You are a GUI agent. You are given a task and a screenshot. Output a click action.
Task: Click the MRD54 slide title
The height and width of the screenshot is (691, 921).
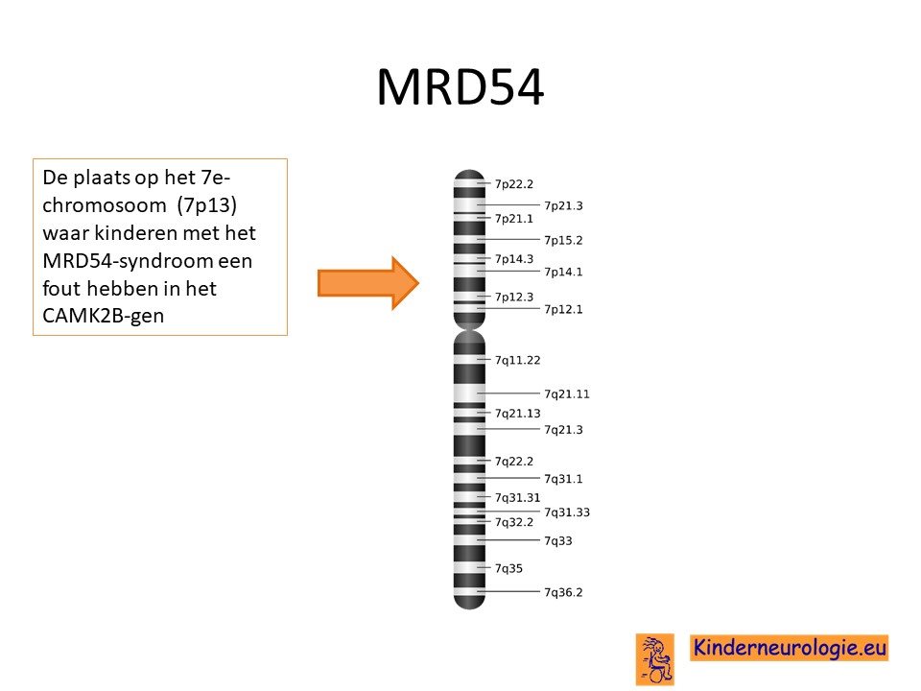coord(460,87)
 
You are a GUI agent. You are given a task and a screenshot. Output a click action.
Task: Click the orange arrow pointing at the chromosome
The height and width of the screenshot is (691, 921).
coord(368,283)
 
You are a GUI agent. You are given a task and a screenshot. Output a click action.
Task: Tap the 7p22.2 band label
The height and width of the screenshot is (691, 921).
coord(514,184)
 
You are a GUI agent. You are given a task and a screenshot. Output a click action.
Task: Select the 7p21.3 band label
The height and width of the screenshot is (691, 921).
coord(563,205)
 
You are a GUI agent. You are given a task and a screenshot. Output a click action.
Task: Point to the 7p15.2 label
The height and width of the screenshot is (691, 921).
coord(563,240)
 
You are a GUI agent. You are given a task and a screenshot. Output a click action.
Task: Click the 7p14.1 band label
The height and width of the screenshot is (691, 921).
coord(563,272)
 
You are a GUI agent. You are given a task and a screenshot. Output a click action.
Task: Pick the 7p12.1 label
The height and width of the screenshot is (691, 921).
coord(563,309)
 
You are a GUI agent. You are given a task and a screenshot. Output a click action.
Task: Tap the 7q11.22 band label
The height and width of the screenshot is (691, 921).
coord(517,360)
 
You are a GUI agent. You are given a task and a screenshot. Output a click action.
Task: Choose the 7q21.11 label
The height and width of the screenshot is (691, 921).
coord(567,394)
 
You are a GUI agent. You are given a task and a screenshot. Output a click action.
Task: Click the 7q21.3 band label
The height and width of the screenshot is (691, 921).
coord(563,430)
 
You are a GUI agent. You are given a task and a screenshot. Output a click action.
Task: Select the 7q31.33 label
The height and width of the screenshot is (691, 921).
coord(567,512)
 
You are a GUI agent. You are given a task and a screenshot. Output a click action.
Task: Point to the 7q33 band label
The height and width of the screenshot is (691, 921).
coord(558,541)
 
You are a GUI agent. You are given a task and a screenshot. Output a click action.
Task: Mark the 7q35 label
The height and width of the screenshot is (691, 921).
coord(508,568)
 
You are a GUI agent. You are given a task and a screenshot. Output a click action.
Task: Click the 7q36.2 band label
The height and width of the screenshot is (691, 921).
coord(563,592)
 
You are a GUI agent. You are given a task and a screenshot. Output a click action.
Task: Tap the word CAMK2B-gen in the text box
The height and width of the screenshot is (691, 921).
coord(103,316)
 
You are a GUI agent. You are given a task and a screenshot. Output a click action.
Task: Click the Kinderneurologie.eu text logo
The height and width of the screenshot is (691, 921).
coord(789,648)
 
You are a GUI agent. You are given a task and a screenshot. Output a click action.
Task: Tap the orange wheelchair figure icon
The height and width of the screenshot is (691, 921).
coord(655,659)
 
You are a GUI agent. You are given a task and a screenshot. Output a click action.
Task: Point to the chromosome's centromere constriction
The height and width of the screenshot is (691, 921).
coord(469,329)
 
